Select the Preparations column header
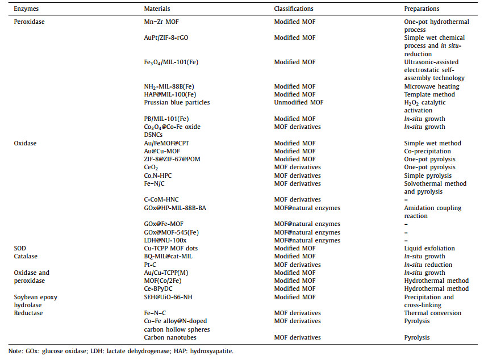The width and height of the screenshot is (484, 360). coord(422,9)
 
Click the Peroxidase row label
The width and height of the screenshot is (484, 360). coord(29,21)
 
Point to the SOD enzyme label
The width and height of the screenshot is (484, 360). coord(20,248)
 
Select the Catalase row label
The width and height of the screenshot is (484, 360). coord(26,256)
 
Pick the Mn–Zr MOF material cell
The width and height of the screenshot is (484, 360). coord(165,21)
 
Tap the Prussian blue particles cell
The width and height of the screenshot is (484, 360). coord(177,102)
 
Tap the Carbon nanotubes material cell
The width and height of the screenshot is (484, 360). coord(169,337)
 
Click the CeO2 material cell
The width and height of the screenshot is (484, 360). coord(151,168)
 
